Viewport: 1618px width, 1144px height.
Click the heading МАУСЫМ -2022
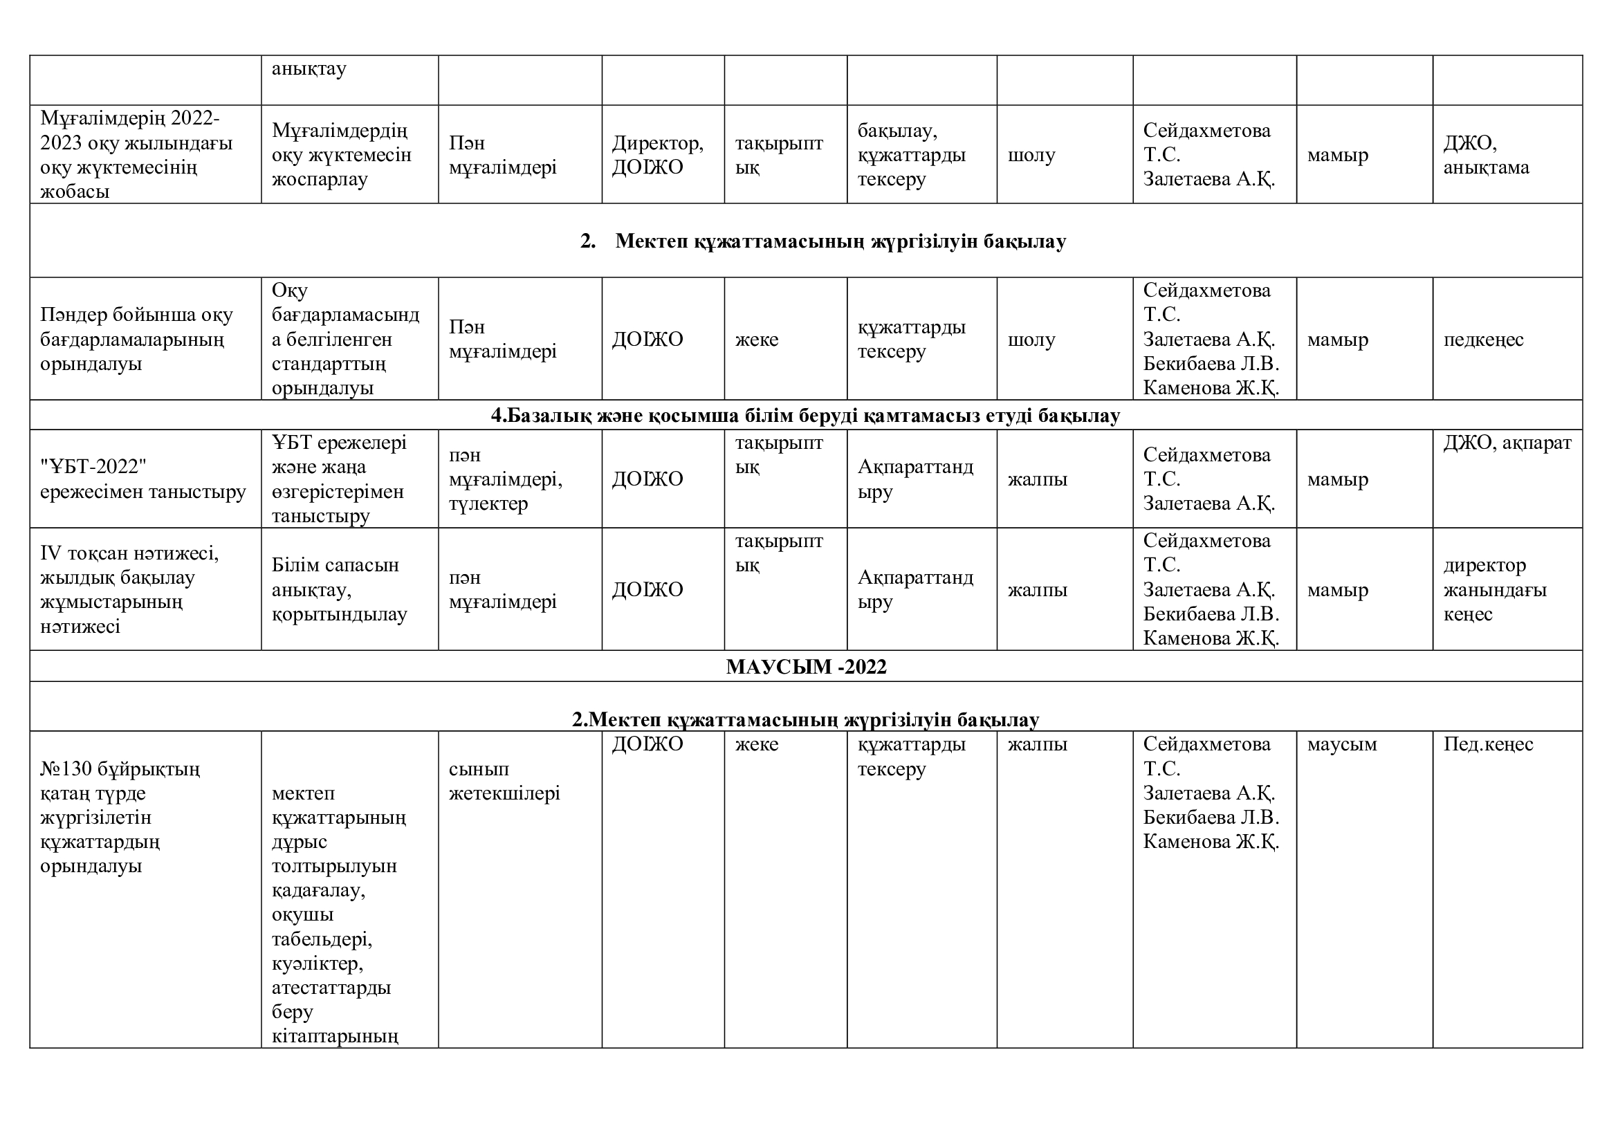click(805, 666)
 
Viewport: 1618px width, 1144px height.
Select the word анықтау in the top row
click(309, 69)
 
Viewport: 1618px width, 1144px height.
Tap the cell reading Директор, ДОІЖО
click(656, 155)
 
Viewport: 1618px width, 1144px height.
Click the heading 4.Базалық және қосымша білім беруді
click(805, 416)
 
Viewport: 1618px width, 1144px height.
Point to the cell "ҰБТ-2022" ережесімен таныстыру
click(143, 479)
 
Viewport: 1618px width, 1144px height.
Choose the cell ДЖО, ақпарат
click(1507, 443)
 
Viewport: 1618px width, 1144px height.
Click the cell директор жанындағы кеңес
click(1495, 589)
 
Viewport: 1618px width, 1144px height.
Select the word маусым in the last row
click(1342, 745)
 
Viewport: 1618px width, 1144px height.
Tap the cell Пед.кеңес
click(1488, 745)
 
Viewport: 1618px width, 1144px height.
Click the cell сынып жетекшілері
click(504, 781)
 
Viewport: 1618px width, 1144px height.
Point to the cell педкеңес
click(1482, 340)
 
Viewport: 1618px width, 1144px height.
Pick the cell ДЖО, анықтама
click(1485, 155)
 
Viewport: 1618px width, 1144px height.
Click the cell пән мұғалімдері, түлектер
click(505, 479)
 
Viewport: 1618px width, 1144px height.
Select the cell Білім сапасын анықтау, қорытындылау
click(339, 589)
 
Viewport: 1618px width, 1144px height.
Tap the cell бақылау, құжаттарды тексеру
click(911, 155)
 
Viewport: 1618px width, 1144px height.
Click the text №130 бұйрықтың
click(120, 769)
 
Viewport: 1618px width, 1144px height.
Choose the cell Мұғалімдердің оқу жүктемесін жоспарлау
click(341, 155)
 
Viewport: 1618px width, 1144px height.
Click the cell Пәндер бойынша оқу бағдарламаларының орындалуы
click(136, 340)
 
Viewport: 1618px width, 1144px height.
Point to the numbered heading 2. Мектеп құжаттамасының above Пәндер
click(822, 241)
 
